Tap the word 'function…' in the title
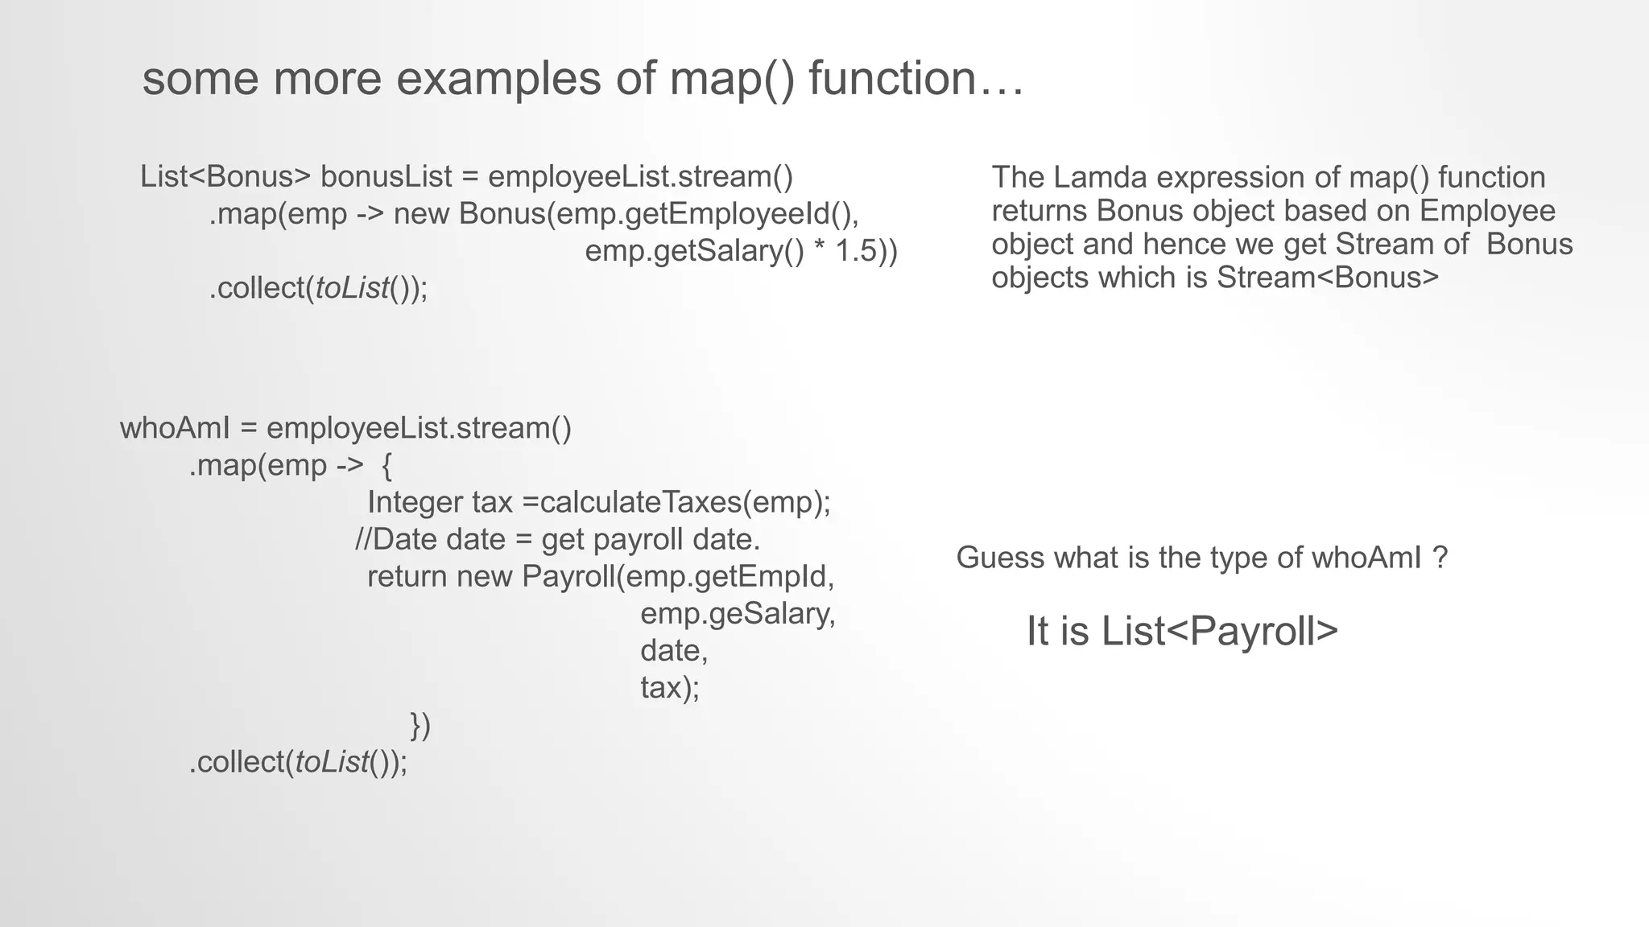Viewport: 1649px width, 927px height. point(916,79)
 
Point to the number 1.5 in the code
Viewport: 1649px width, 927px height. point(857,251)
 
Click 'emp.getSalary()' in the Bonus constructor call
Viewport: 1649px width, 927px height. point(694,251)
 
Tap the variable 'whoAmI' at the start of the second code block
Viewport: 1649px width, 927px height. point(176,428)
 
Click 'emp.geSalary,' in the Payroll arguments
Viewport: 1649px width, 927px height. point(738,613)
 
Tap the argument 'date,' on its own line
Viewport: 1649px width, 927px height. point(674,650)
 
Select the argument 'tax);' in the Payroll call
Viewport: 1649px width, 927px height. point(670,687)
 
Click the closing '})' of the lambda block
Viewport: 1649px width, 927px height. point(420,725)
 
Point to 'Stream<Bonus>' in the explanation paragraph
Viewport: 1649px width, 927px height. point(1327,277)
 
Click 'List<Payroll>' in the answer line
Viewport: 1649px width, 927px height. point(1219,631)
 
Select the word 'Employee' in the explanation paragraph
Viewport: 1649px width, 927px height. point(1487,211)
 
